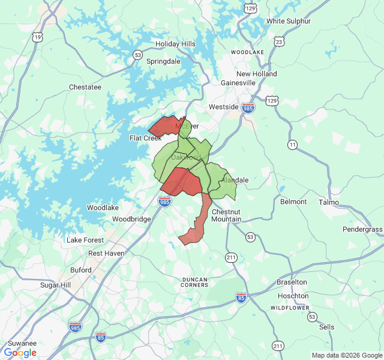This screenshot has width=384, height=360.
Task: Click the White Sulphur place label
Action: pyautogui.click(x=289, y=21)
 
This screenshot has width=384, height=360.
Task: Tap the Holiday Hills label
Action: pyautogui.click(x=175, y=44)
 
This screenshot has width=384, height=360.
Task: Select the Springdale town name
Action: pyautogui.click(x=163, y=61)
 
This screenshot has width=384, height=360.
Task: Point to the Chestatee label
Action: pyautogui.click(x=85, y=87)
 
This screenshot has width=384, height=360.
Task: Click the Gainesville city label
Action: pyautogui.click(x=238, y=82)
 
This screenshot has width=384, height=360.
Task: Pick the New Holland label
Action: pyautogui.click(x=257, y=74)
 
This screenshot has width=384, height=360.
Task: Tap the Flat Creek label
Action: pyautogui.click(x=146, y=138)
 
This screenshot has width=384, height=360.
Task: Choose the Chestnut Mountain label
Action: pyautogui.click(x=226, y=215)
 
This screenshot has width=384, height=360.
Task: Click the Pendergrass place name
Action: pyautogui.click(x=362, y=230)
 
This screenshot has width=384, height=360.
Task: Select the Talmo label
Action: pyautogui.click(x=329, y=202)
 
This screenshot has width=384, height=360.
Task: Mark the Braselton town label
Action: pyautogui.click(x=292, y=282)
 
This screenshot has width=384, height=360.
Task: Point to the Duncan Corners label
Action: pyautogui.click(x=195, y=282)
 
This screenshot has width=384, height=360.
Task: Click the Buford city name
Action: pyautogui.click(x=81, y=270)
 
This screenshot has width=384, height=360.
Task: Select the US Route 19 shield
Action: pyautogui.click(x=38, y=37)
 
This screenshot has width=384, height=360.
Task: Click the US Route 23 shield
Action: pyautogui.click(x=278, y=41)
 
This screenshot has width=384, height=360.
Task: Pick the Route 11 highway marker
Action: pyautogui.click(x=292, y=145)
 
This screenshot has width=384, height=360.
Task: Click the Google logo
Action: pyautogui.click(x=20, y=353)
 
